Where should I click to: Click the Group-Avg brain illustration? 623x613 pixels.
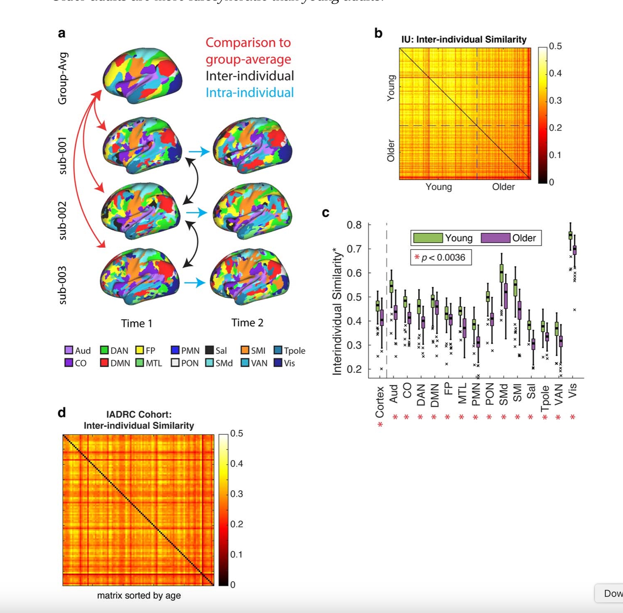tap(142, 75)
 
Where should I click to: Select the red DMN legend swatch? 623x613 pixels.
tap(104, 362)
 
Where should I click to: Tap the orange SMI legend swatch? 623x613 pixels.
tap(245, 350)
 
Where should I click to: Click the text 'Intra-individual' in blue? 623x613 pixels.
tap(249, 92)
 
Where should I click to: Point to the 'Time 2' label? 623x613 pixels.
tap(247, 322)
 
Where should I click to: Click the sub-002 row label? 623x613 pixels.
tap(63, 220)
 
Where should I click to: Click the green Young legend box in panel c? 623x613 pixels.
tap(427, 238)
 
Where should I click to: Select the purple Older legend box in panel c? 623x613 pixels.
tap(495, 238)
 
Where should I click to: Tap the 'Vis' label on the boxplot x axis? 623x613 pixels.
tap(572, 391)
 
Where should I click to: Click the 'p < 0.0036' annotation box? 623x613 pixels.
tap(441, 257)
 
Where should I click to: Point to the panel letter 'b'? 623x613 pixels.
tap(378, 33)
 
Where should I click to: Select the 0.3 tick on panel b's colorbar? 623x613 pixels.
tap(555, 101)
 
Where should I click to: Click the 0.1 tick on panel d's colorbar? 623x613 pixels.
tap(236, 554)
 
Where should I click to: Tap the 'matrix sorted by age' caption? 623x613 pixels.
tap(139, 595)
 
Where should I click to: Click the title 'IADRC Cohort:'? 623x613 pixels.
tap(139, 414)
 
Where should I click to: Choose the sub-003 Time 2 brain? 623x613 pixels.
tap(250, 276)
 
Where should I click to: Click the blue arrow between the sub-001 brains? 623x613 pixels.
tap(199, 151)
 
